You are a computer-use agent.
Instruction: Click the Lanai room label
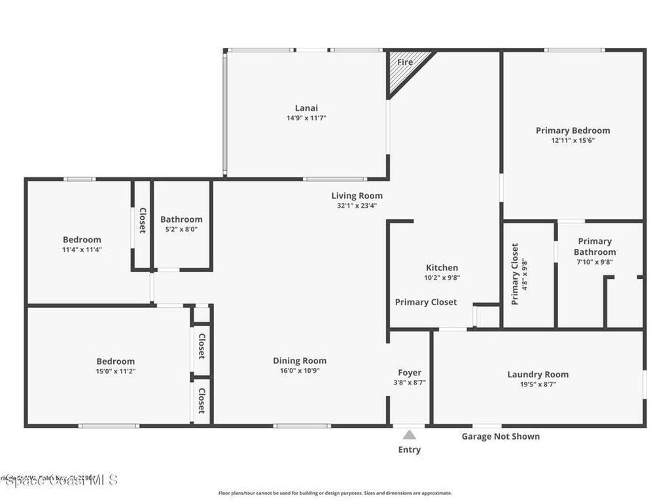coord(306,108)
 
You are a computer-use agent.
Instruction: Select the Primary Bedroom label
coord(573,130)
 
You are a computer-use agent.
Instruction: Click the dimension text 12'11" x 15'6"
coord(573,140)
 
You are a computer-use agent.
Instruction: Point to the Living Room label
coord(357,196)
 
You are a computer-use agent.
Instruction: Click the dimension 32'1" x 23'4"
coord(357,206)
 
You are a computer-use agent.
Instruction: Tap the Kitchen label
coord(442,267)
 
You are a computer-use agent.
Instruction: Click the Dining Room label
coord(300,361)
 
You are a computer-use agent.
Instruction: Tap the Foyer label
coord(410,373)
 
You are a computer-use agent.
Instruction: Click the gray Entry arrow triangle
coord(410,434)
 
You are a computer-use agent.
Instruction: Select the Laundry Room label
coord(538,375)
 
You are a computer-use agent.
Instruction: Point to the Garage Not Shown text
coord(501,436)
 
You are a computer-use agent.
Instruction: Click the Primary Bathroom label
coord(595,246)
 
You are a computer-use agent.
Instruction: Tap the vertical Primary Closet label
coord(515,274)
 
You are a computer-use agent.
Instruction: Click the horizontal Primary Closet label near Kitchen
coord(426,302)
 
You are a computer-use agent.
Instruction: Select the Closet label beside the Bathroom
coord(142,221)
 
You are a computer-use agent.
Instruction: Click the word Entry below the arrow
coord(410,450)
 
